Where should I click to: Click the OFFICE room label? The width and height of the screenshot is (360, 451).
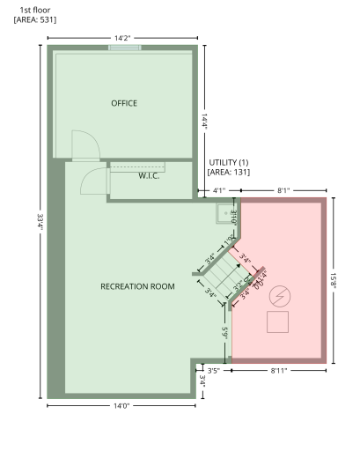(x=124, y=103)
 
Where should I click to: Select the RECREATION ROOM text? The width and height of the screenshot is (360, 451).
(x=137, y=286)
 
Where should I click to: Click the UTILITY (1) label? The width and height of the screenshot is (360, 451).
(x=229, y=163)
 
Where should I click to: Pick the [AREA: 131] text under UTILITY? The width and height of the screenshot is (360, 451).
(x=229, y=173)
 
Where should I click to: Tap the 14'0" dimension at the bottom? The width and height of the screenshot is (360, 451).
(x=121, y=406)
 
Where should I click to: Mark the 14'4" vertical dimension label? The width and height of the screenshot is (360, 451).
(x=204, y=121)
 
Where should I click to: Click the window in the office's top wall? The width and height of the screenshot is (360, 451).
(x=124, y=47)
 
